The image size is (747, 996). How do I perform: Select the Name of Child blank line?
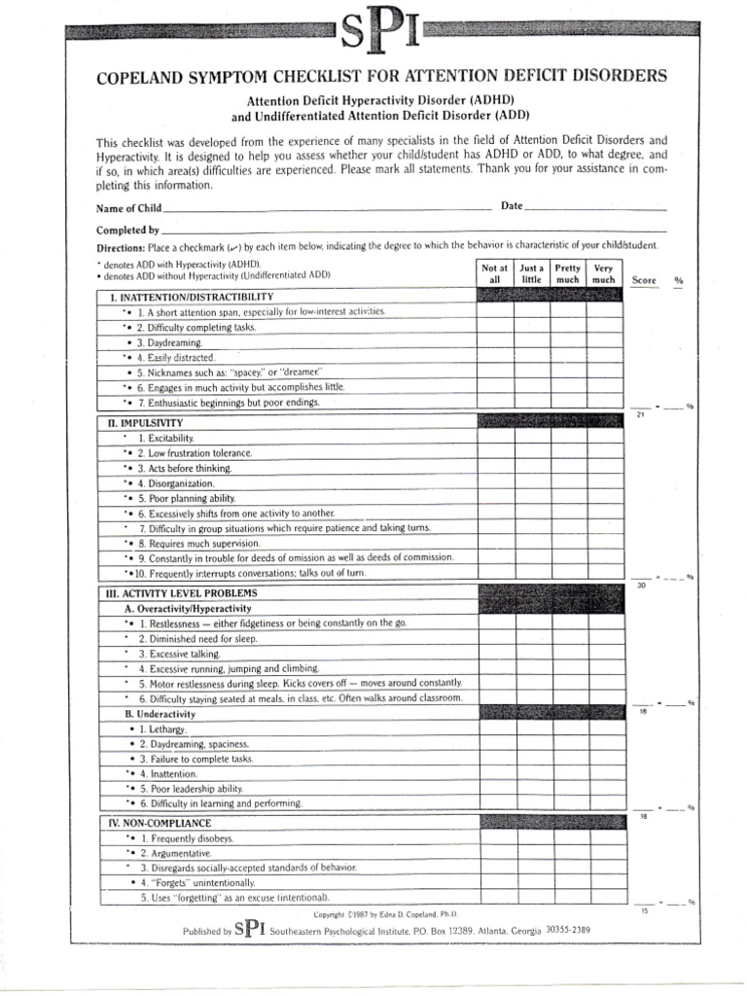pyautogui.click(x=327, y=208)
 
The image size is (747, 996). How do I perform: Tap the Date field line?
pyautogui.click(x=597, y=208)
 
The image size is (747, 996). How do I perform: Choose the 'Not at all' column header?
pyautogui.click(x=494, y=273)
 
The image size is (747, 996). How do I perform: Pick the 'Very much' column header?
pyautogui.click(x=603, y=273)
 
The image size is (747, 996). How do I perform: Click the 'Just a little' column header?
pyautogui.click(x=531, y=273)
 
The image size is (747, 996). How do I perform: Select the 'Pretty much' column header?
pyautogui.click(x=567, y=273)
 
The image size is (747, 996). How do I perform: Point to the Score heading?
pyautogui.click(x=644, y=280)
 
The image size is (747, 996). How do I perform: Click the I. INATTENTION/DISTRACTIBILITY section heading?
pyautogui.click(x=191, y=297)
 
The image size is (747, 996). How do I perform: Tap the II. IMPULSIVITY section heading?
pyautogui.click(x=144, y=424)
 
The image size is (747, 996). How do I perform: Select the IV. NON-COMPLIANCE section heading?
pyautogui.click(x=159, y=823)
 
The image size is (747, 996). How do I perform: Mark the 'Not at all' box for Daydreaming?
pyautogui.click(x=494, y=343)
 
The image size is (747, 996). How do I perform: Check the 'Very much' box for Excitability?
pyautogui.click(x=603, y=440)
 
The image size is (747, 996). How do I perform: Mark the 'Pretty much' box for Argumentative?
pyautogui.click(x=567, y=853)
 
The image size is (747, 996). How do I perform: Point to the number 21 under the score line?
pyautogui.click(x=640, y=415)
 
